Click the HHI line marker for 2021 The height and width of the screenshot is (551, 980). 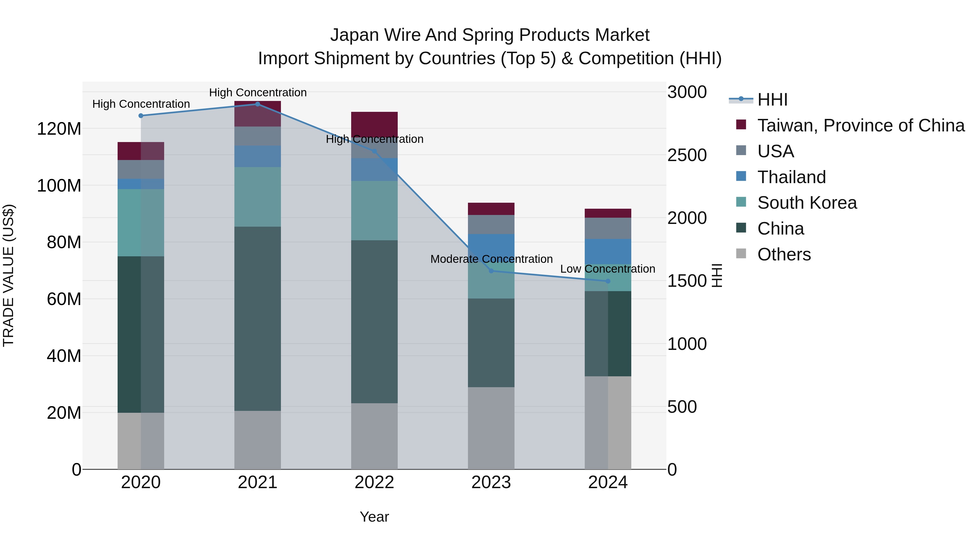[x=258, y=104]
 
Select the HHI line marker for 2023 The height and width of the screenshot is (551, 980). [x=491, y=271]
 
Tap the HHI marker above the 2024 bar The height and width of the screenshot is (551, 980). [x=608, y=281]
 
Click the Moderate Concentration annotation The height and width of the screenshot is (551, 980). [x=491, y=259]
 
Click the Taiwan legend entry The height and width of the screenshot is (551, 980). [x=860, y=125]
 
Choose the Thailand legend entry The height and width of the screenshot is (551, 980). [x=791, y=177]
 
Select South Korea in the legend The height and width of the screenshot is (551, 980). [x=807, y=203]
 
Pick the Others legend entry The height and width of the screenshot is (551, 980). [x=784, y=254]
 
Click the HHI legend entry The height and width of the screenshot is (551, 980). [x=772, y=100]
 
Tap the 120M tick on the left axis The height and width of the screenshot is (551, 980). [x=59, y=129]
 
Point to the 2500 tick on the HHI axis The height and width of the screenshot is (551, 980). [x=687, y=155]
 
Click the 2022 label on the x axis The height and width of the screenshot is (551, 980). [x=374, y=482]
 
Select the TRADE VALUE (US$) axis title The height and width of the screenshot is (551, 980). [x=8, y=275]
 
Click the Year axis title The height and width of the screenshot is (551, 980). [x=374, y=517]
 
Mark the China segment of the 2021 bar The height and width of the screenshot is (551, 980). [x=258, y=319]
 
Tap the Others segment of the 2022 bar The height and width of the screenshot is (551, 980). [x=374, y=436]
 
